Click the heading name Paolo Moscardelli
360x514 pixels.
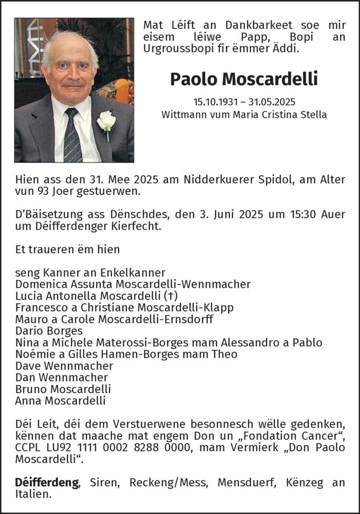coord(244,79)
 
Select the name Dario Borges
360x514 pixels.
coord(49,331)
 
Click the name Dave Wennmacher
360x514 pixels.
coord(64,366)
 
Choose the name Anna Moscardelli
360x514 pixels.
coord(60,401)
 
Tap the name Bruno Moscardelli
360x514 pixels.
coord(63,389)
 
